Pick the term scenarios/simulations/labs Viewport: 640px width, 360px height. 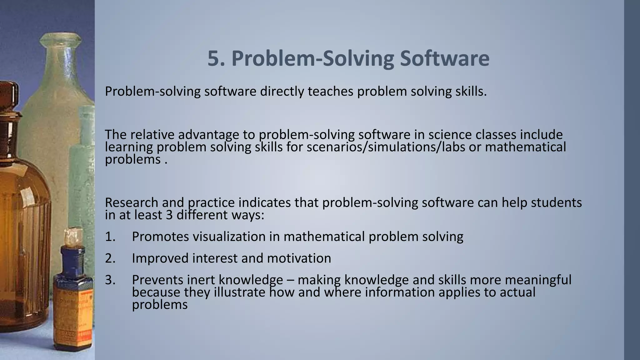(386, 147)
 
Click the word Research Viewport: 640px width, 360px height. (132, 203)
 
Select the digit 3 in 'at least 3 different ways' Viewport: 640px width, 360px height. (169, 215)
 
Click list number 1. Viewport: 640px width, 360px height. (110, 237)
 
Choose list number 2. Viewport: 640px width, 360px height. (110, 258)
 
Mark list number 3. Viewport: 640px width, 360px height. (110, 280)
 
